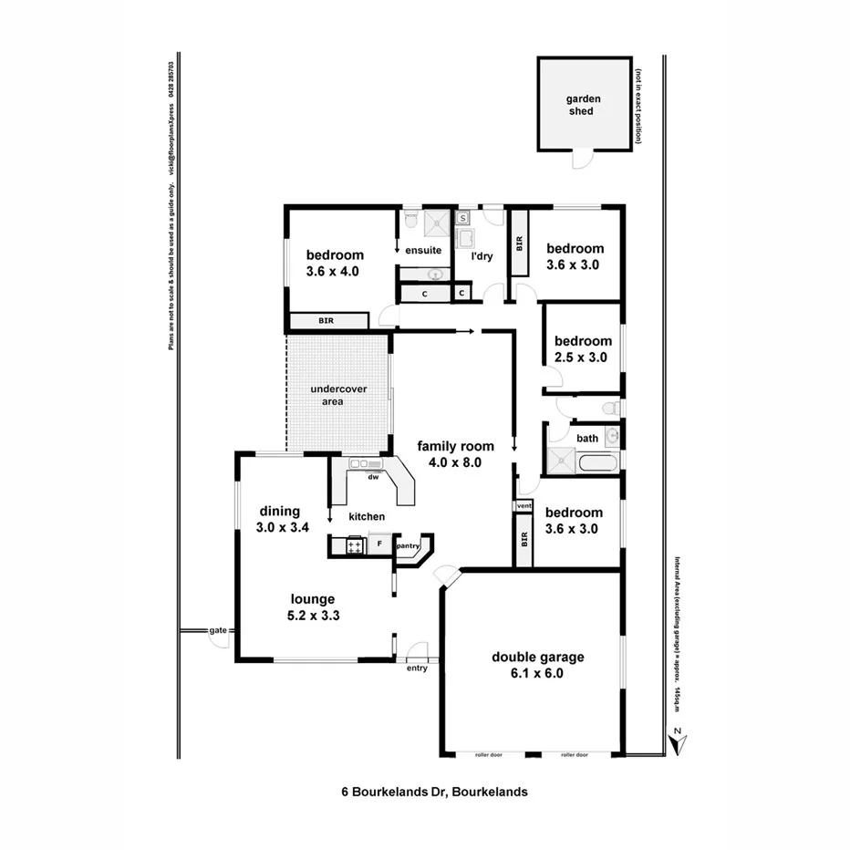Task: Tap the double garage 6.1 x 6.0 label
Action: pyautogui.click(x=537, y=665)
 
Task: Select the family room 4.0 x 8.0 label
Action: pyautogui.click(x=456, y=454)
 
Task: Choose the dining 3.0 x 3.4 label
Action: pyautogui.click(x=285, y=519)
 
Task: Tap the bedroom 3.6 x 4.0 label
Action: pyautogui.click(x=334, y=263)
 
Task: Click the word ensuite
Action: pyautogui.click(x=423, y=250)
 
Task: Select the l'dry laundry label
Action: pyautogui.click(x=481, y=256)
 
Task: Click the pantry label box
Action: pyautogui.click(x=408, y=546)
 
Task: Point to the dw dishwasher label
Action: pyautogui.click(x=373, y=476)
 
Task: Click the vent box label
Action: pyautogui.click(x=523, y=505)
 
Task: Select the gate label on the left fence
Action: pyautogui.click(x=217, y=630)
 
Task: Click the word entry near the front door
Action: pyautogui.click(x=417, y=669)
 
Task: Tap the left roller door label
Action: pyautogui.click(x=489, y=754)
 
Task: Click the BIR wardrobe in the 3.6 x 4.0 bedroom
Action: pyautogui.click(x=326, y=321)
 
